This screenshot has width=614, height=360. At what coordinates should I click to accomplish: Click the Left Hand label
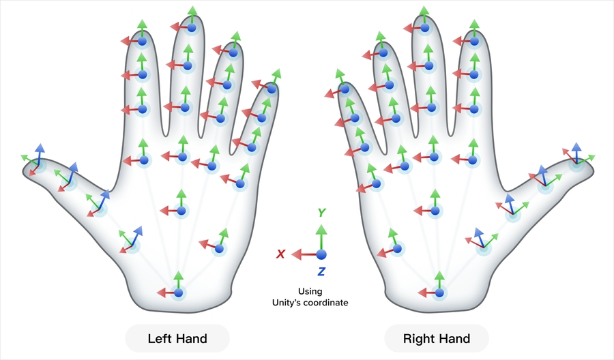[x=177, y=338]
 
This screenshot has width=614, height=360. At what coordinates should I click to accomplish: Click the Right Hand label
[x=437, y=338]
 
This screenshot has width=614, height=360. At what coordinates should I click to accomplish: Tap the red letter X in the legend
[x=280, y=254]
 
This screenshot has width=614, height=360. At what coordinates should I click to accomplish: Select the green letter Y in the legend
[x=321, y=213]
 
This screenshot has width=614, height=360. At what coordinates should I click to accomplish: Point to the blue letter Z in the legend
[x=321, y=271]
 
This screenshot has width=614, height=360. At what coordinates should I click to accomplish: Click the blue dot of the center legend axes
[x=321, y=254]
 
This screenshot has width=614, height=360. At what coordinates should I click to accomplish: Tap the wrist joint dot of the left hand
[x=178, y=292]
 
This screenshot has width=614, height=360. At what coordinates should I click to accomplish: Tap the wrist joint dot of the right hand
[x=439, y=292]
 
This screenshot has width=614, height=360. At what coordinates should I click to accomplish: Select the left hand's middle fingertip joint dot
[x=192, y=27]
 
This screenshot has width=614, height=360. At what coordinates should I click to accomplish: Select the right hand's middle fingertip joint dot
[x=424, y=27]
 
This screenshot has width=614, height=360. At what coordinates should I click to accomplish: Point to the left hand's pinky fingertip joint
[x=272, y=88]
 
